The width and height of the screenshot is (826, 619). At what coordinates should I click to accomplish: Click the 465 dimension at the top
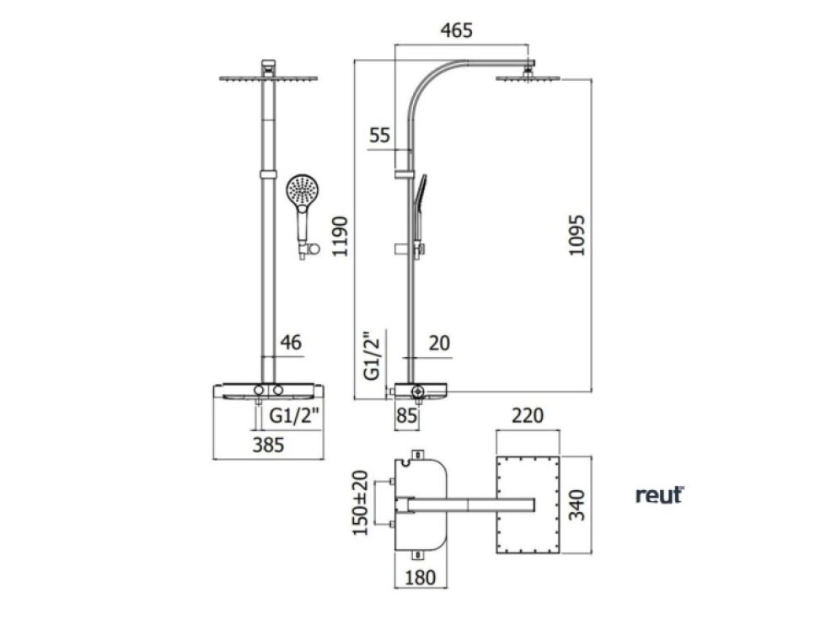(456, 30)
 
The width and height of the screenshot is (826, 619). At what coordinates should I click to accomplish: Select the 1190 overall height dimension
(341, 236)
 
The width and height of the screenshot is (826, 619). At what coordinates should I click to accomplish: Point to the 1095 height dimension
(577, 235)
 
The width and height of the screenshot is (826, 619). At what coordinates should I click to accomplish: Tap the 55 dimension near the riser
(379, 136)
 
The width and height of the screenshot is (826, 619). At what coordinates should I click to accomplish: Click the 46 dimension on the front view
(291, 343)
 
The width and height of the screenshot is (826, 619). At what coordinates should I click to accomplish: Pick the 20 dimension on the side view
(439, 344)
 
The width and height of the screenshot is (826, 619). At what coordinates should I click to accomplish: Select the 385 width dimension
(268, 446)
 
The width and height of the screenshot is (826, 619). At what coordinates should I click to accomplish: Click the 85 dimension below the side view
(406, 416)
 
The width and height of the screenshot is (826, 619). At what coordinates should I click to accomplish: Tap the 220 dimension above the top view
(528, 416)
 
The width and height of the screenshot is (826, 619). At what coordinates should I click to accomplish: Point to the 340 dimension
(577, 504)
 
